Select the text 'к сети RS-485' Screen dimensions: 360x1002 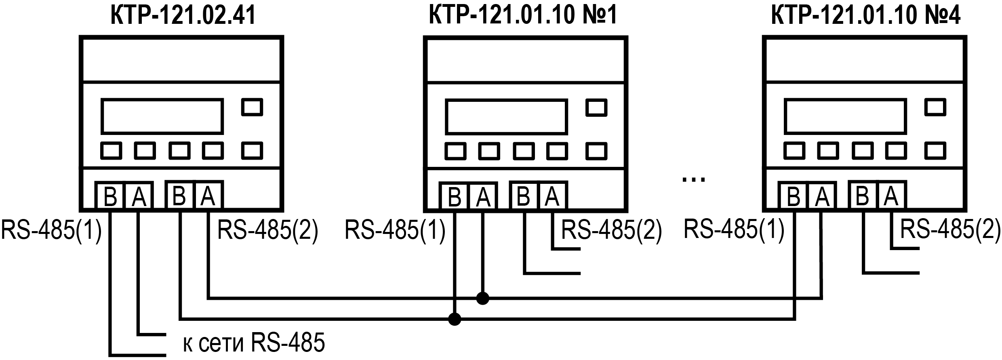click(254, 343)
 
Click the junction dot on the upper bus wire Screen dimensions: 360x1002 click(482, 299)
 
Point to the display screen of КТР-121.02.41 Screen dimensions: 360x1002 click(162, 116)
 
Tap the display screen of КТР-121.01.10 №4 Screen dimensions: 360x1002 click(845, 116)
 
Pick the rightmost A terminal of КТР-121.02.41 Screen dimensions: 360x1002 click(208, 196)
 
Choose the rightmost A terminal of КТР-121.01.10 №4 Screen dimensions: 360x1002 click(891, 196)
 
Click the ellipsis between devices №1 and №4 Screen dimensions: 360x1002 click(693, 179)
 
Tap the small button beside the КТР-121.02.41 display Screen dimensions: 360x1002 click(252, 107)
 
